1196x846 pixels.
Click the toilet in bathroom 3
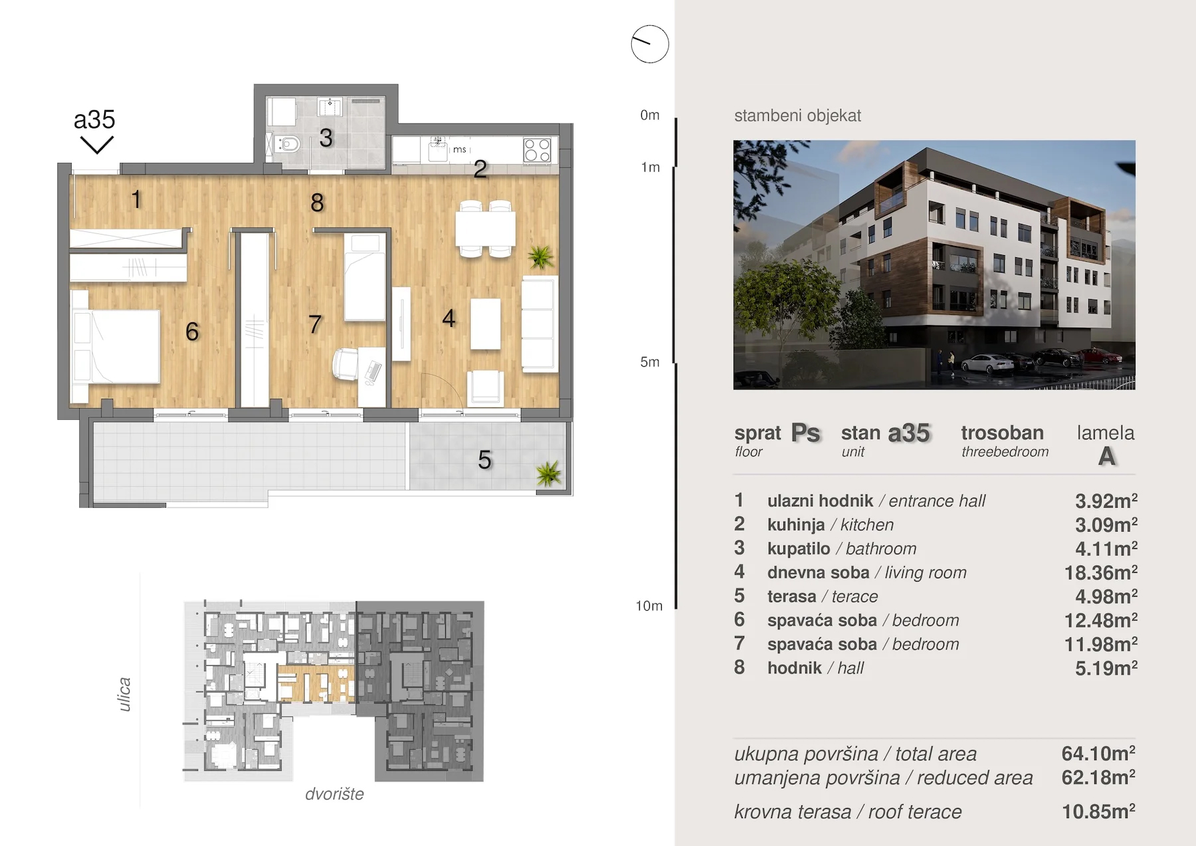coord(287,144)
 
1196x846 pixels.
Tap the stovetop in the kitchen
coord(537,150)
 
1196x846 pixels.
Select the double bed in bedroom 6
coord(115,346)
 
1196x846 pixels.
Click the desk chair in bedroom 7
coord(346,364)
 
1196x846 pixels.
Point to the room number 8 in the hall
coord(317,203)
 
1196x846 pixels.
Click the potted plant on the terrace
coord(548,473)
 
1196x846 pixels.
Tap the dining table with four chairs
coord(485,229)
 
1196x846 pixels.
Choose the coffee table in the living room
coord(486,324)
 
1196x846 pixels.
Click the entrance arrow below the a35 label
coord(97,145)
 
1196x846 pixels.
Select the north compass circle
coord(650,45)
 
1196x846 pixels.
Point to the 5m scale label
coord(650,362)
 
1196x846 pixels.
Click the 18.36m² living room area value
coord(1101,572)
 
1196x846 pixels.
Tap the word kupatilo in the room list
coord(799,549)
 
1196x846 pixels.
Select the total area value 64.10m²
coord(1098,754)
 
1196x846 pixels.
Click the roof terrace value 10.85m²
coord(1098,811)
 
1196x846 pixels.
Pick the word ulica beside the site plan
coord(124,694)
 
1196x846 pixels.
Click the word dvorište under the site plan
coord(334,794)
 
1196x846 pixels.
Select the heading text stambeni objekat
coord(797,116)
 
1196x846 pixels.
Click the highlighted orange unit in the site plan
coord(316,683)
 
